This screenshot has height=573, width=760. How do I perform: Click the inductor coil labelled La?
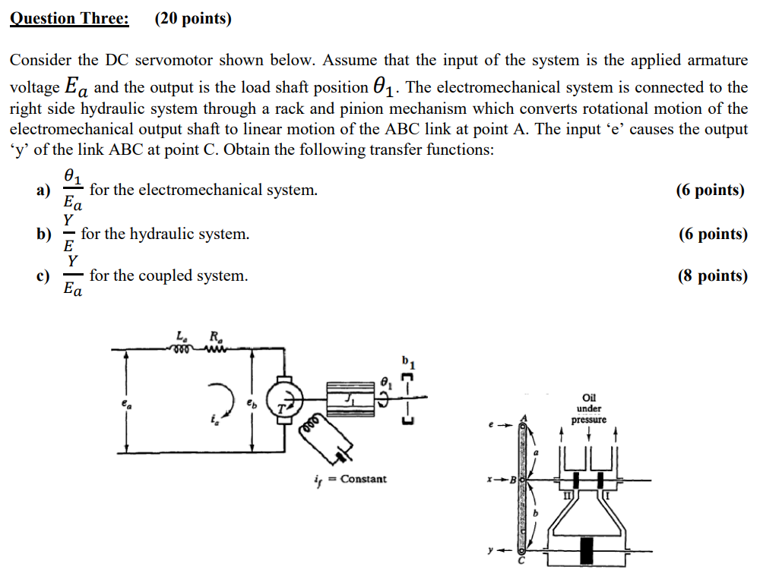(x=181, y=350)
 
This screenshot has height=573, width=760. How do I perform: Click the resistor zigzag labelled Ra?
(x=214, y=349)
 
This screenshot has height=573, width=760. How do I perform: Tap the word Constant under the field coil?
(x=363, y=479)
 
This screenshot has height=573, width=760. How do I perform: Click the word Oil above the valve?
(x=589, y=398)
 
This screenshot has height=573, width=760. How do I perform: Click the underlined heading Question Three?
(x=69, y=18)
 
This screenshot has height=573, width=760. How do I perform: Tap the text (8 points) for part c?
(x=712, y=275)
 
